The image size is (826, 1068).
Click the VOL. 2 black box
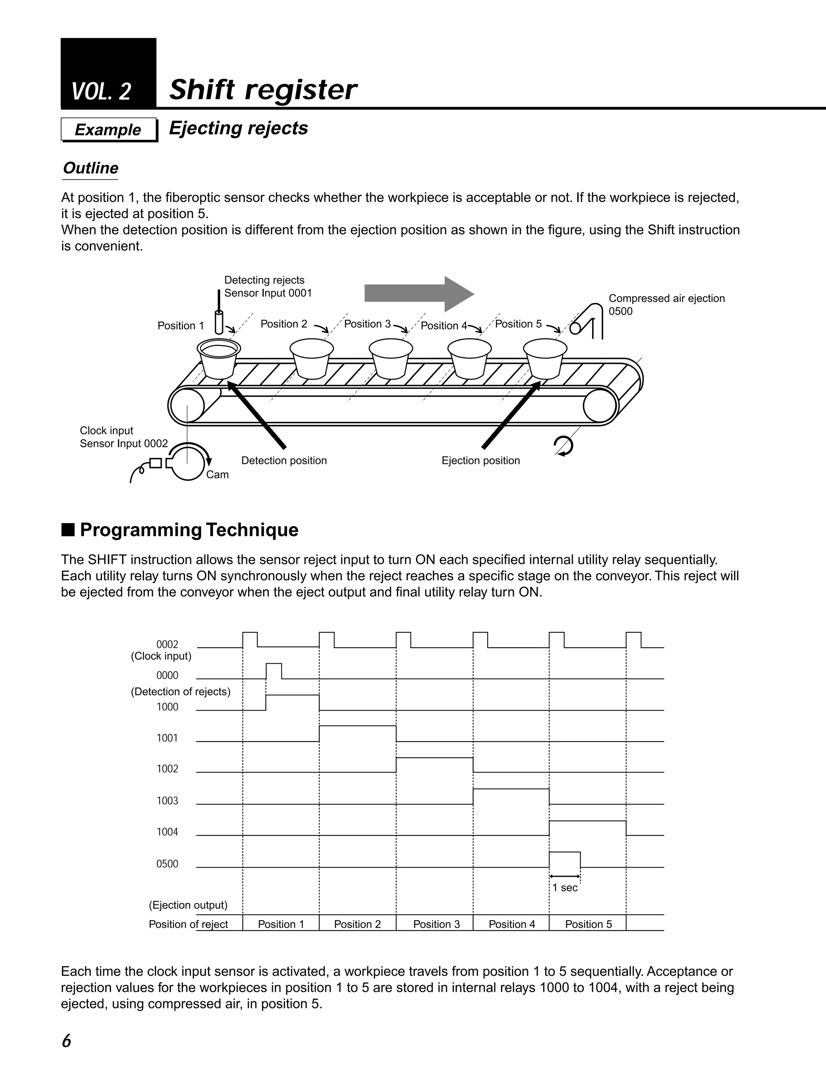point(108,73)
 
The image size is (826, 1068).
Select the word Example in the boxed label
point(108,130)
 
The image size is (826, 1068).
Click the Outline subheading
point(90,168)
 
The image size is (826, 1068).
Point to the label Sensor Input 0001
point(268,293)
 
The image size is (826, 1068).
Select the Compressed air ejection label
point(666,299)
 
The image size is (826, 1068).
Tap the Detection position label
point(284,461)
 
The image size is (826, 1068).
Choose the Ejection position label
point(480,461)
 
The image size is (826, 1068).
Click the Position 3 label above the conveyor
point(367,324)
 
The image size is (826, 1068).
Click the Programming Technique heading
point(189,530)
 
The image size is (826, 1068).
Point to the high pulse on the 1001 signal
point(357,727)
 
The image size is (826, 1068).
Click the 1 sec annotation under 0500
point(565,888)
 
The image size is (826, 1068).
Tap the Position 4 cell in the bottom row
point(512,924)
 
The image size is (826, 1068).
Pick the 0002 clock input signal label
point(167,644)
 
